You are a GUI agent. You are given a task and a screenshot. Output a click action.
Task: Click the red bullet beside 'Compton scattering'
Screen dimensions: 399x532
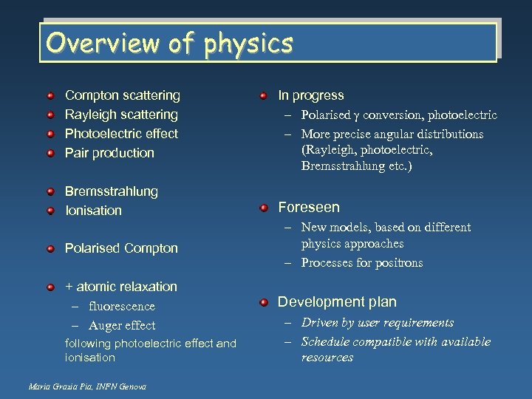pos(50,96)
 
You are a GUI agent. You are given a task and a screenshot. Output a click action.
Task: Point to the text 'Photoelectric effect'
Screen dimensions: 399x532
pos(121,134)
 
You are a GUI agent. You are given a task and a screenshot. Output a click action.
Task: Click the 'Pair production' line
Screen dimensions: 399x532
pos(109,153)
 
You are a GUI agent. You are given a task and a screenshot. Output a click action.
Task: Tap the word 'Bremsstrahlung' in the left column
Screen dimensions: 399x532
pos(112,191)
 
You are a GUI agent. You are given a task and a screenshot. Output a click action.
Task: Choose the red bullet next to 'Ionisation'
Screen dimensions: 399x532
pos(50,211)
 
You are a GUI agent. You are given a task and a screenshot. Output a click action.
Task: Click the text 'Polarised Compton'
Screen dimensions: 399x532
pos(121,248)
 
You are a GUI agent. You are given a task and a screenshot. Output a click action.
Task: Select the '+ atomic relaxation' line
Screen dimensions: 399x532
pos(121,287)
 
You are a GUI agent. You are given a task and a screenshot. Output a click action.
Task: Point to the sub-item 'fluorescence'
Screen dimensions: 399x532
pos(121,306)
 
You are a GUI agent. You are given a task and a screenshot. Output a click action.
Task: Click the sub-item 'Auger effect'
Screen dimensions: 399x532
pos(121,325)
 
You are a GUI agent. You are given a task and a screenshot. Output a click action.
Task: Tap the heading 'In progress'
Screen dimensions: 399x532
pos(310,95)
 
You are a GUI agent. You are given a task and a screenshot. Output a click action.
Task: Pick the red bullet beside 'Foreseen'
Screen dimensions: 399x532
pos(264,208)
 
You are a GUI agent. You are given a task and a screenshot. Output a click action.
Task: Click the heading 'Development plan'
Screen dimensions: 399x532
pos(337,301)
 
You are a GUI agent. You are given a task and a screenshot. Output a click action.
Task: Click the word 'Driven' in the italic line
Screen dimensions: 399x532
pos(320,322)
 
